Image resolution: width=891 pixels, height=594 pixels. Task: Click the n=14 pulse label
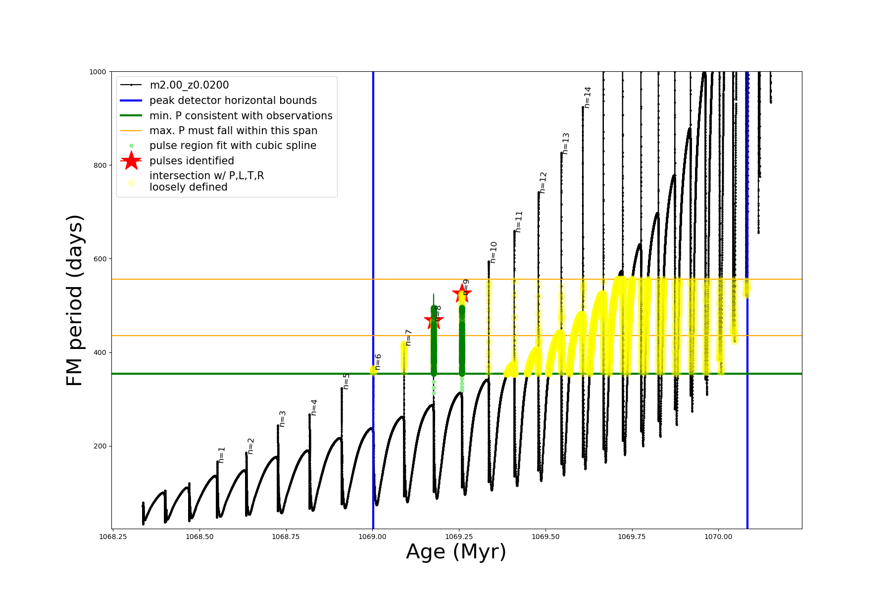pos(588,98)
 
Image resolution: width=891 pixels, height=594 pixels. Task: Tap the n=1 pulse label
pos(222,455)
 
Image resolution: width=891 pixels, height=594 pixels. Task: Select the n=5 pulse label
pos(346,381)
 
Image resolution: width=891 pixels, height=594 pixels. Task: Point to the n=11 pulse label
pos(519,222)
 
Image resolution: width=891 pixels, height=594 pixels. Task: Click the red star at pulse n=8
pos(434,320)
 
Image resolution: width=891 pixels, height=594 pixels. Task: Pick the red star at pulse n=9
pos(462,293)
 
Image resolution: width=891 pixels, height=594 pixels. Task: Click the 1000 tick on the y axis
pos(98,72)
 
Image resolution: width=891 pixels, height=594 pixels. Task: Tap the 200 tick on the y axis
pos(100,446)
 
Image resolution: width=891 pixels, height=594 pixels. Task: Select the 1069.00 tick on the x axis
pos(373,537)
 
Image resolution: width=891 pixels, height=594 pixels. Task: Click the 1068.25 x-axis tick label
pos(113,537)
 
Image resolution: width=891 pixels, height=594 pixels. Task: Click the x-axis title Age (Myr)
pos(456,552)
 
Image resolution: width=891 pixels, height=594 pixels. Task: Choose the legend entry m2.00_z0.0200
pos(189,85)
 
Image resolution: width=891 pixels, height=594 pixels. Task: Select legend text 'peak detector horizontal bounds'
pos(233,100)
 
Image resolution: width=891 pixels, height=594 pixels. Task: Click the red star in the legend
pos(131,161)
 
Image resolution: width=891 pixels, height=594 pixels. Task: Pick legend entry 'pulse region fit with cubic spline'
pos(233,146)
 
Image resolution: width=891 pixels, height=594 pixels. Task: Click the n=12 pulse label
pos(543,183)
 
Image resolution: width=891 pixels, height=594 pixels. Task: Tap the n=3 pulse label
pos(283,419)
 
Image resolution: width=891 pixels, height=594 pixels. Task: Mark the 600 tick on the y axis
pos(100,259)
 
